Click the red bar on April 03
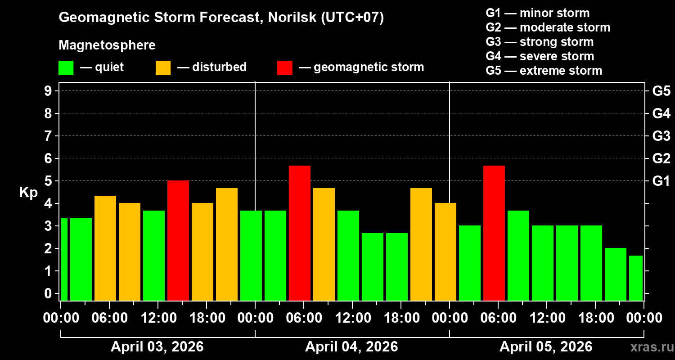click(178, 241)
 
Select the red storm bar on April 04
click(300, 233)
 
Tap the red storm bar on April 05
click(494, 233)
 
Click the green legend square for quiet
click(66, 67)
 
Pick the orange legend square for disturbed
click(163, 67)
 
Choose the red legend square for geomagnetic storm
click(284, 67)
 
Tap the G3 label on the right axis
click(661, 136)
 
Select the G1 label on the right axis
click(661, 181)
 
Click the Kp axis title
click(28, 193)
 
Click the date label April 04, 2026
click(351, 347)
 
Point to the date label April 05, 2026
click(546, 347)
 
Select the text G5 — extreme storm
click(544, 71)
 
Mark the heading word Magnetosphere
click(107, 45)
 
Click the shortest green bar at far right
click(635, 278)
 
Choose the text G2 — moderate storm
click(548, 27)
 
